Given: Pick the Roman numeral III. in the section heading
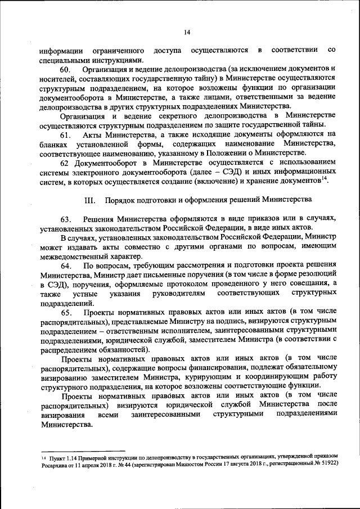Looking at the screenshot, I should point(89,200).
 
